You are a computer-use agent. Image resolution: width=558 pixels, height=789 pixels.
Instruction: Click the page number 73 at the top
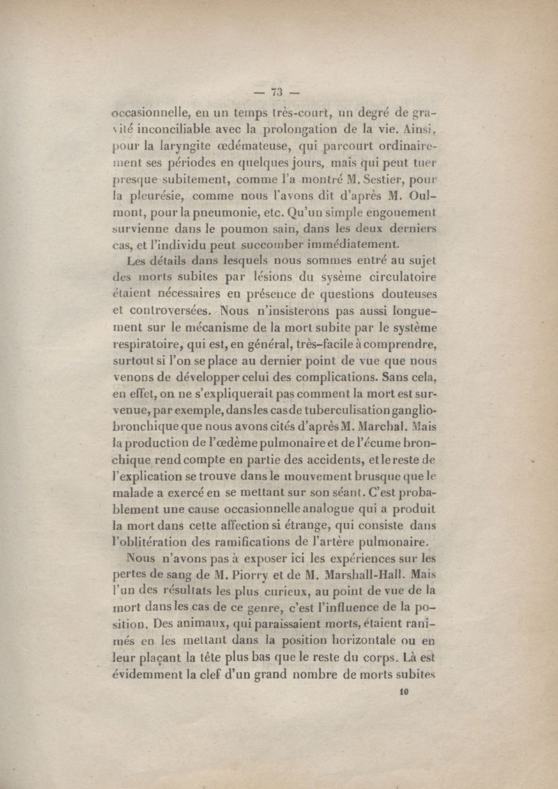click(x=277, y=91)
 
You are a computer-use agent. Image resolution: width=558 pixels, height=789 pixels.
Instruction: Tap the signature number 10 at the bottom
click(x=403, y=692)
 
